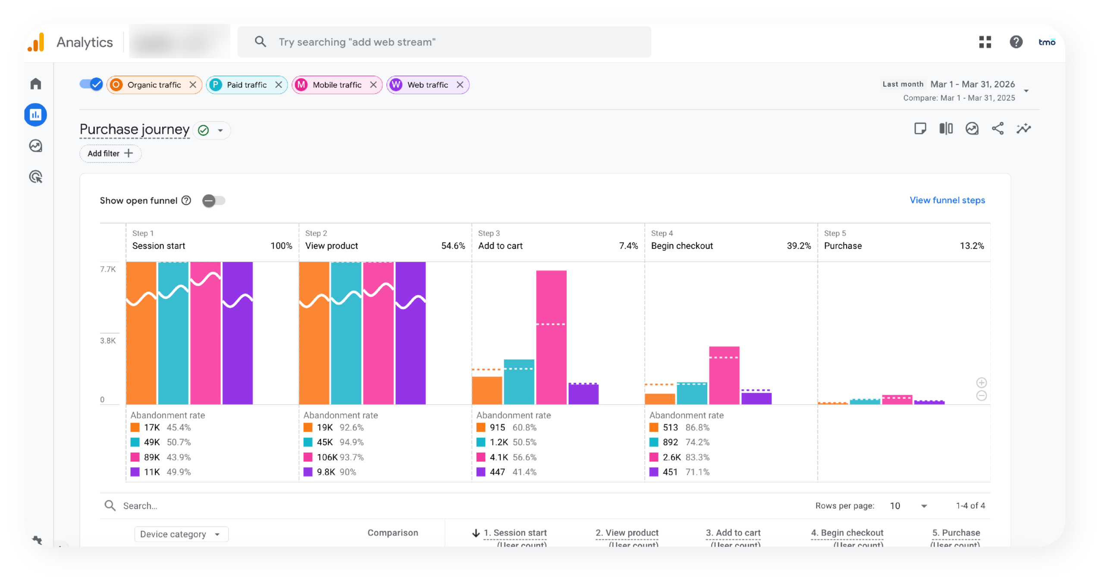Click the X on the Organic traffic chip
(x=193, y=85)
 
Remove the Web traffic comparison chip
(x=460, y=85)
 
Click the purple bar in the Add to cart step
(x=583, y=394)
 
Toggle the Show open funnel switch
(x=214, y=201)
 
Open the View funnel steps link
(x=947, y=200)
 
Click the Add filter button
(x=110, y=154)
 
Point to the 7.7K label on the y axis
(x=108, y=269)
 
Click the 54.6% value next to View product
(x=453, y=246)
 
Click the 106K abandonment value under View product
(x=327, y=457)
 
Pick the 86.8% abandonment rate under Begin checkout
(x=697, y=428)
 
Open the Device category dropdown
(x=181, y=534)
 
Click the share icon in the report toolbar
(x=997, y=129)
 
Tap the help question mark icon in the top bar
(x=1016, y=42)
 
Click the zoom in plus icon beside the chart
(x=982, y=383)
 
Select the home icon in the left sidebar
(x=36, y=84)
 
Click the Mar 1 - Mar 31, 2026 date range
(x=972, y=85)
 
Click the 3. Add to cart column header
(x=733, y=533)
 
